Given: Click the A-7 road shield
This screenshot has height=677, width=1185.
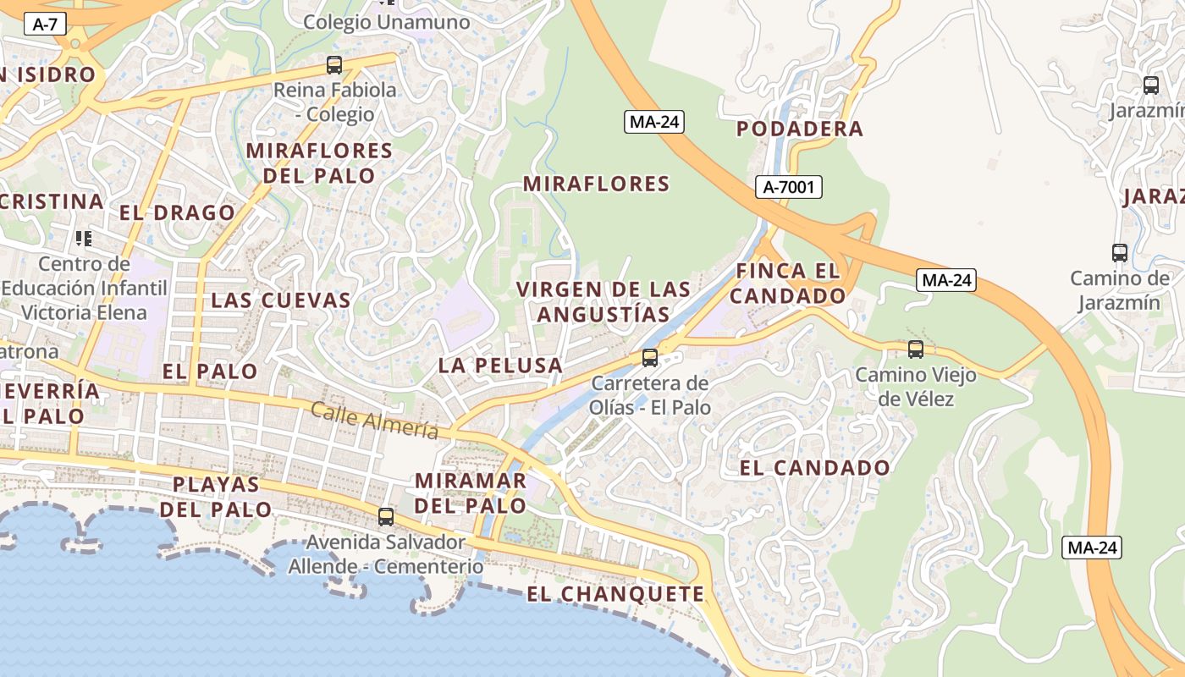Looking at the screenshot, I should [x=45, y=24].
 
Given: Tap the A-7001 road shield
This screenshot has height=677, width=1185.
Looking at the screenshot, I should [x=789, y=187].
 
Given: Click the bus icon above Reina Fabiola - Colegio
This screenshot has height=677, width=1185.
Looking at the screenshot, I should [x=334, y=65].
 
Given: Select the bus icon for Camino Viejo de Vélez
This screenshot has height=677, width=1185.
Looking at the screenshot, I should [x=915, y=350].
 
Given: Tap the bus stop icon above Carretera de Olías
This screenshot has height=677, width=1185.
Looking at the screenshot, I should [x=650, y=358].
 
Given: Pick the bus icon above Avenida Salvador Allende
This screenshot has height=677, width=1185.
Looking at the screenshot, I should [x=386, y=516].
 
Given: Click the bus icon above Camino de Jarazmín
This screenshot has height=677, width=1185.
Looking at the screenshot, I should [x=1119, y=252].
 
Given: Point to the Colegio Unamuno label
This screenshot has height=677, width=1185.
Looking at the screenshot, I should [x=386, y=22].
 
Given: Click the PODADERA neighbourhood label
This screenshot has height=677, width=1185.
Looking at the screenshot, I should [x=800, y=129].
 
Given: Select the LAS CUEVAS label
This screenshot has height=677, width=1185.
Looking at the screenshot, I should [x=281, y=300].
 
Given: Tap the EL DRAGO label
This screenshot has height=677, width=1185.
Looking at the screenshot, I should [x=177, y=212].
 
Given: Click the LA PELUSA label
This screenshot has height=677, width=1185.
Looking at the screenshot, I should [x=500, y=366].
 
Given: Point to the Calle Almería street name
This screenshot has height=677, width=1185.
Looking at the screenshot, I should [x=374, y=421].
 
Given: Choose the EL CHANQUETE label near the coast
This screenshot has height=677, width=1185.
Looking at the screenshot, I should [x=615, y=594].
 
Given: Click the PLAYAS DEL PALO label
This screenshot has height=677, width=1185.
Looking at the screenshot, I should [x=216, y=497].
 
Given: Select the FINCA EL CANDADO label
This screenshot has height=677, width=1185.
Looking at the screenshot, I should [x=788, y=283].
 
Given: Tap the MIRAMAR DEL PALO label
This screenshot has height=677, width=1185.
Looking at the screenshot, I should [x=470, y=493].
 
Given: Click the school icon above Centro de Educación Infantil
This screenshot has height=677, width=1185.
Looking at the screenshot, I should [x=83, y=239].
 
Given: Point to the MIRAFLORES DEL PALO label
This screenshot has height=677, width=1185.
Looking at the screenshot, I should [x=319, y=163].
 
